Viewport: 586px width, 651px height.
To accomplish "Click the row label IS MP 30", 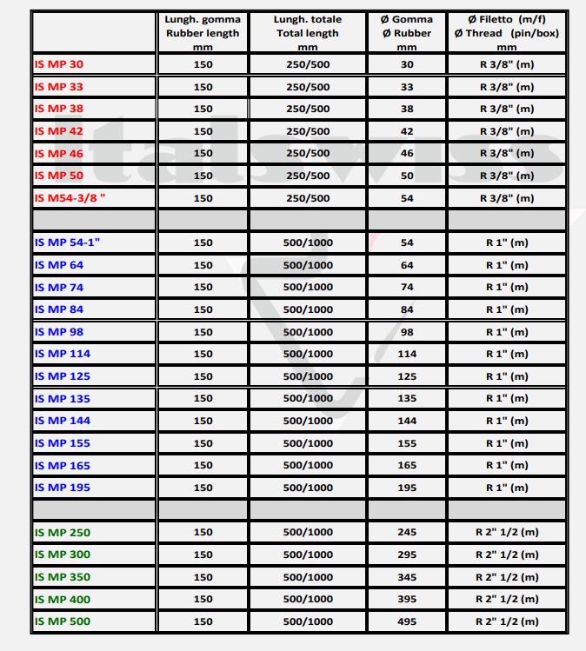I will (59, 64).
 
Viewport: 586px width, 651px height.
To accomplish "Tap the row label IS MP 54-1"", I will (68, 242).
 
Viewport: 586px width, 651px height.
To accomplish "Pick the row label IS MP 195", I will (62, 488).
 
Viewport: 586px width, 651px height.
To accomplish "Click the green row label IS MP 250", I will (62, 533).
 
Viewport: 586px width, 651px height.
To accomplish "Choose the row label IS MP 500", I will (62, 621).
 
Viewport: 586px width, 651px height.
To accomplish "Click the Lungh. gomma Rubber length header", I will (203, 33).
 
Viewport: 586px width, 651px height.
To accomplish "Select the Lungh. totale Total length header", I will (308, 33).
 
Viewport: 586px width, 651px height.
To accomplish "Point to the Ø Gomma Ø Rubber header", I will (407, 33).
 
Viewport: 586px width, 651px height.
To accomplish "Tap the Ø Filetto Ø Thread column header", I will (506, 33).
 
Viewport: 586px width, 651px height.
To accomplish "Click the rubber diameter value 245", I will (407, 533).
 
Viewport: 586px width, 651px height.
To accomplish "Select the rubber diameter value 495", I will (407, 621).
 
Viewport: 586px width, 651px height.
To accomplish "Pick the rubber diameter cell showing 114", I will (407, 354).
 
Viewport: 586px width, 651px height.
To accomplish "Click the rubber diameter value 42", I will (407, 131).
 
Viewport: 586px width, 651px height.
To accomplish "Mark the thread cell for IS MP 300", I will (506, 555).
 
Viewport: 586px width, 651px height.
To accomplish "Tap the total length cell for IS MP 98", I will (308, 332).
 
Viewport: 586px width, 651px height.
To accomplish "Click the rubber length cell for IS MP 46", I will (203, 154).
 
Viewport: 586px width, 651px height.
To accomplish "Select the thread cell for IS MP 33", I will (506, 87).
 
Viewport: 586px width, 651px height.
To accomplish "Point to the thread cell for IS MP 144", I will (506, 421).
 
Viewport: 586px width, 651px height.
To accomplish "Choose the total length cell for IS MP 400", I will (308, 599).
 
